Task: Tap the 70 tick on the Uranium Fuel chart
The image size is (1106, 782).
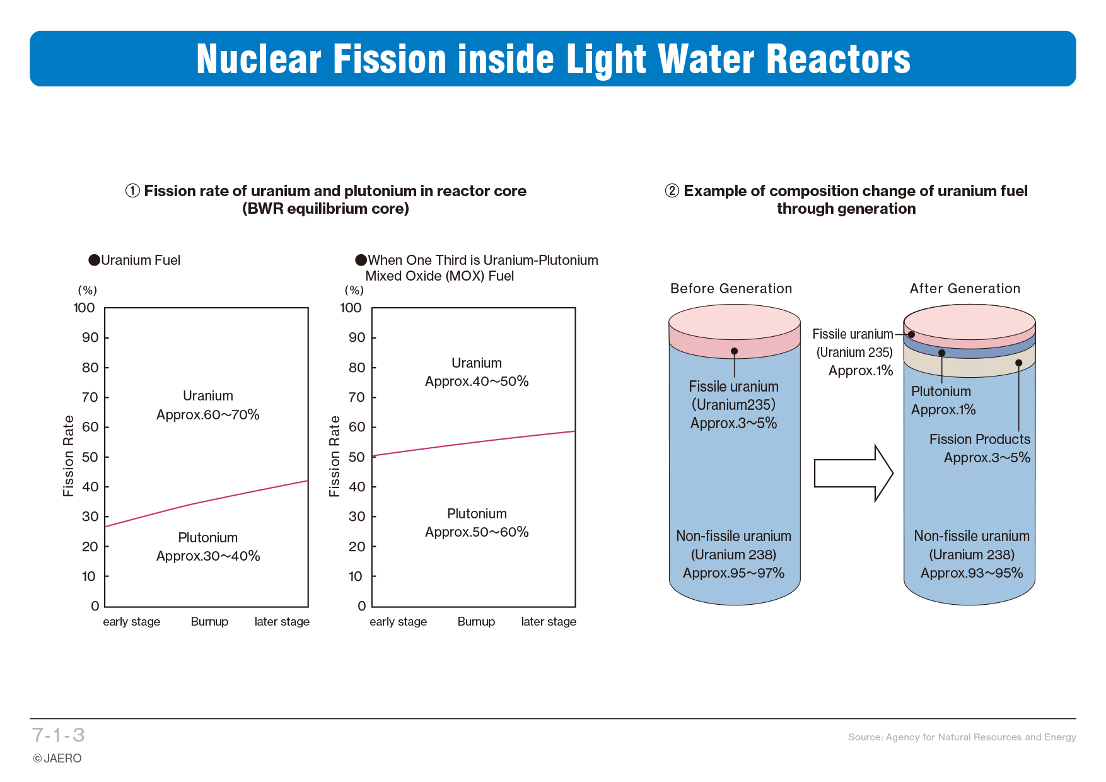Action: click(90, 397)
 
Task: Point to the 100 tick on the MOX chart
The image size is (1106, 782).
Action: click(351, 308)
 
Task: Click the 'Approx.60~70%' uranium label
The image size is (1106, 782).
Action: click(208, 414)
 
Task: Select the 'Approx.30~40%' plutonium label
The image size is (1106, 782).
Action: click(208, 556)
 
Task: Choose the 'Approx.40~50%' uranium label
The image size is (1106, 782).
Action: click(477, 381)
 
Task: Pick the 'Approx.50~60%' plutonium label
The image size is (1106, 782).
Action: click(477, 532)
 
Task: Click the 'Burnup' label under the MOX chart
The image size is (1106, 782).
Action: click(476, 622)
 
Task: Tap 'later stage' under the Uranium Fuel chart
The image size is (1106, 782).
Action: click(282, 622)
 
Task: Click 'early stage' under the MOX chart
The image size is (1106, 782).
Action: click(398, 622)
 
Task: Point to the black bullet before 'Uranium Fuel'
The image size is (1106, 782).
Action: click(95, 260)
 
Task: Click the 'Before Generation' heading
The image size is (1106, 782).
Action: click(731, 288)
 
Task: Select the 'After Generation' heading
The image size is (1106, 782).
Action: click(965, 288)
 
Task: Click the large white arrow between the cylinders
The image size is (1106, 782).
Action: click(854, 473)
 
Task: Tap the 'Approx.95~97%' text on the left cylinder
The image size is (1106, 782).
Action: click(733, 573)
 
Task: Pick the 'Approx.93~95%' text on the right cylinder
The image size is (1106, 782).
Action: click(972, 573)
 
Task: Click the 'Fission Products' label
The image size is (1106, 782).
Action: click(980, 439)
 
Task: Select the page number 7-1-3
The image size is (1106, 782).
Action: click(59, 735)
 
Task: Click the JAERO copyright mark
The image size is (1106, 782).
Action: click(57, 758)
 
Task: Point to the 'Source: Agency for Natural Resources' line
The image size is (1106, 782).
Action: click(962, 737)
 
